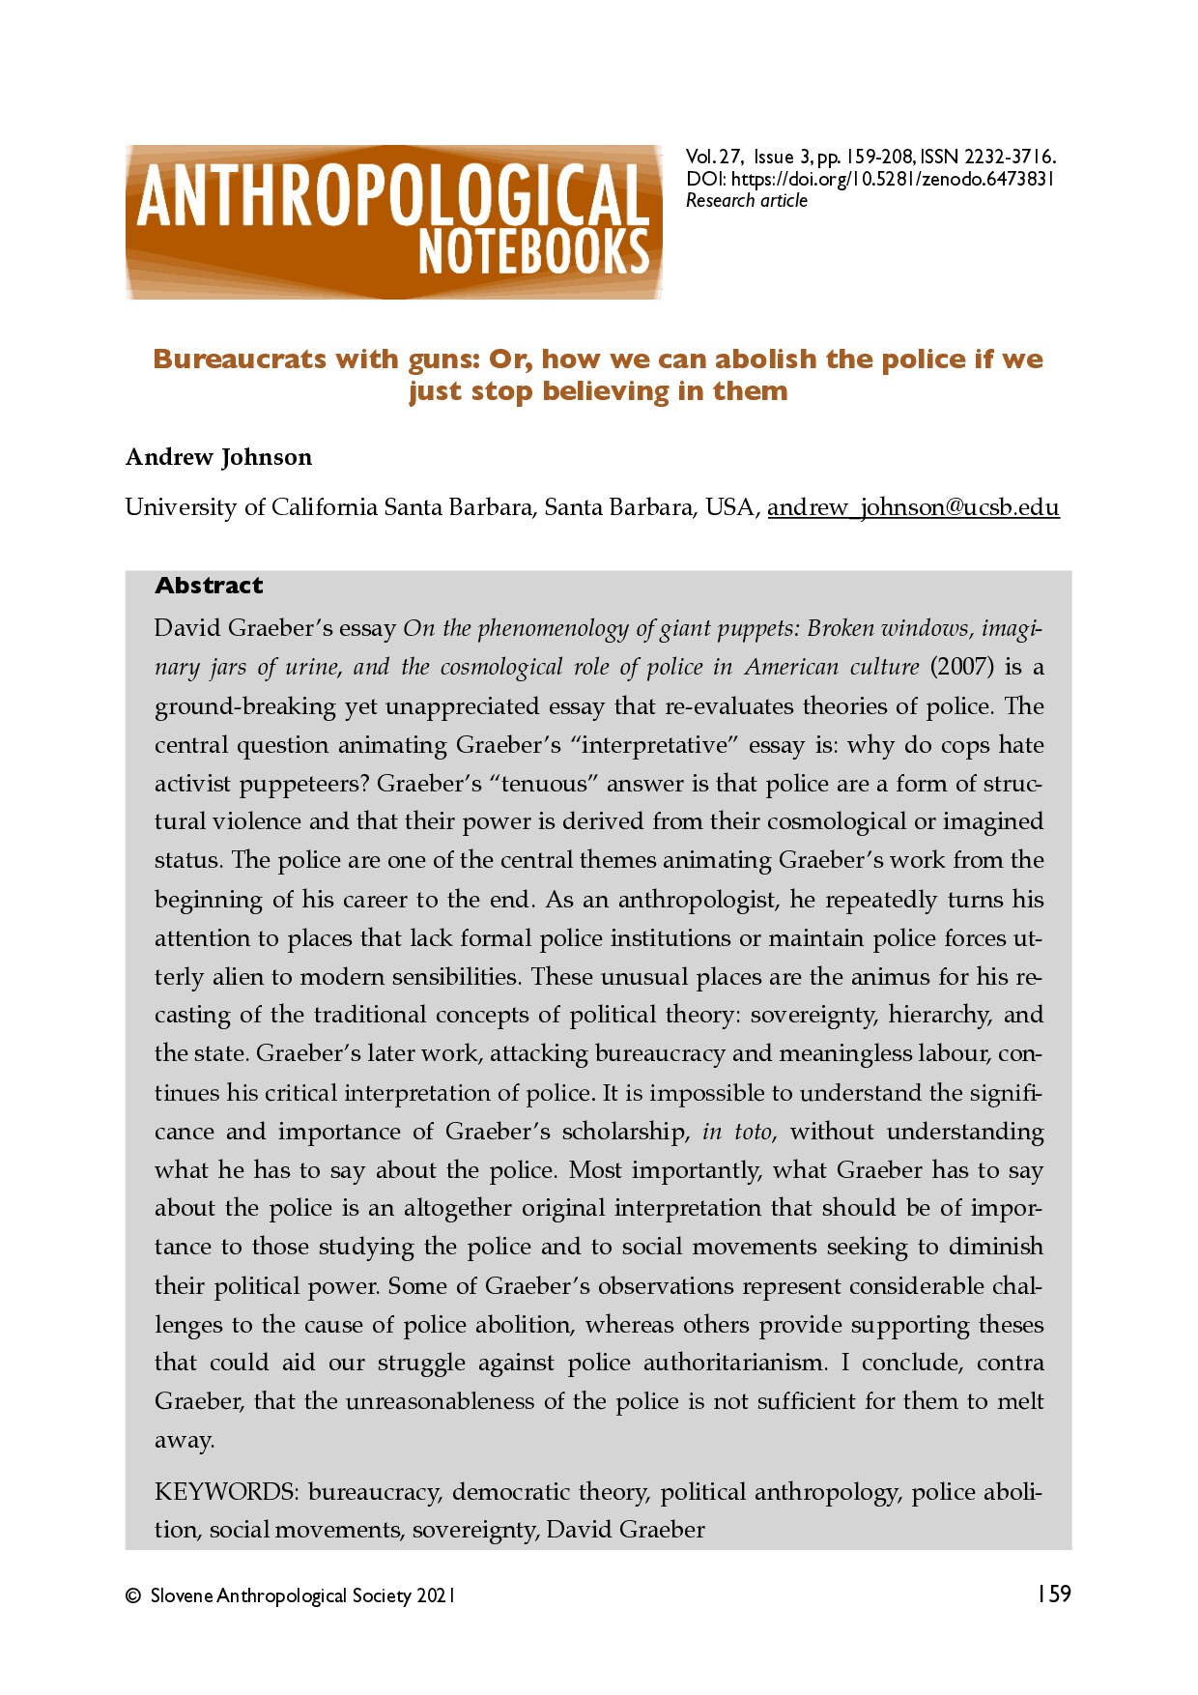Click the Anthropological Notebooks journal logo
pyautogui.click(x=393, y=221)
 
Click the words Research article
pyautogui.click(x=746, y=201)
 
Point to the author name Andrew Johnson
pyautogui.click(x=218, y=457)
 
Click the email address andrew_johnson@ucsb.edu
pyautogui.click(x=913, y=507)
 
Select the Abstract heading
pyautogui.click(x=209, y=586)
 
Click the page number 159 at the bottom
pyautogui.click(x=1054, y=1594)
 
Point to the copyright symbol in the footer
pyautogui.click(x=133, y=1596)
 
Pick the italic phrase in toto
pyautogui.click(x=737, y=1132)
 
